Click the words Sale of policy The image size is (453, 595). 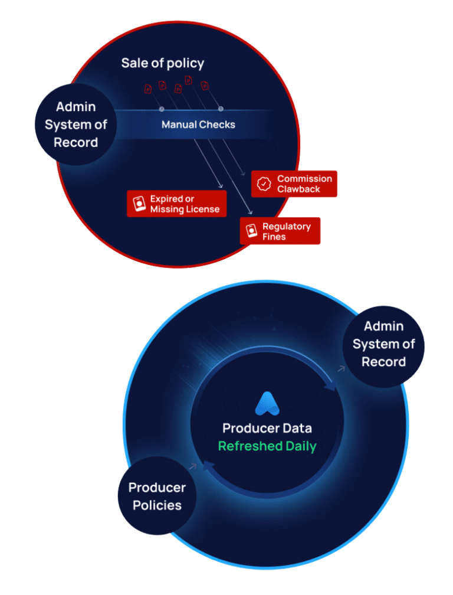click(x=163, y=63)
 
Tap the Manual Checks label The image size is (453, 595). click(x=198, y=125)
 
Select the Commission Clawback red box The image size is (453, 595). click(x=294, y=184)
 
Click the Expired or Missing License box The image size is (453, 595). click(x=176, y=204)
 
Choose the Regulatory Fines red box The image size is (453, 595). click(x=280, y=231)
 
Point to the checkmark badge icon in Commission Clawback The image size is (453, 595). click(x=264, y=184)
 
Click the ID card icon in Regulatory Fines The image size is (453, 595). click(x=251, y=231)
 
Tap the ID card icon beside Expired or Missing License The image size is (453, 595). click(x=139, y=204)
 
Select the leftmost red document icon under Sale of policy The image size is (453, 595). click(x=148, y=89)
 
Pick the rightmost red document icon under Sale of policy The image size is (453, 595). click(x=205, y=86)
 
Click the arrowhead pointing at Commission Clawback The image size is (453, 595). click(x=244, y=174)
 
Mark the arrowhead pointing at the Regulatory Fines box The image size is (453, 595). click(x=252, y=212)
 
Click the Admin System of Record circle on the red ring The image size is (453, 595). click(x=76, y=125)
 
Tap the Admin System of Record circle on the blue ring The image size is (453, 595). click(x=383, y=344)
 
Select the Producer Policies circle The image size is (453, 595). click(x=157, y=496)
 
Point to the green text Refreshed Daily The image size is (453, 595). click(x=267, y=446)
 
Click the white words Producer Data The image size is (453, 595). click(x=267, y=429)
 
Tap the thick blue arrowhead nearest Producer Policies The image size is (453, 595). click(x=208, y=467)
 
